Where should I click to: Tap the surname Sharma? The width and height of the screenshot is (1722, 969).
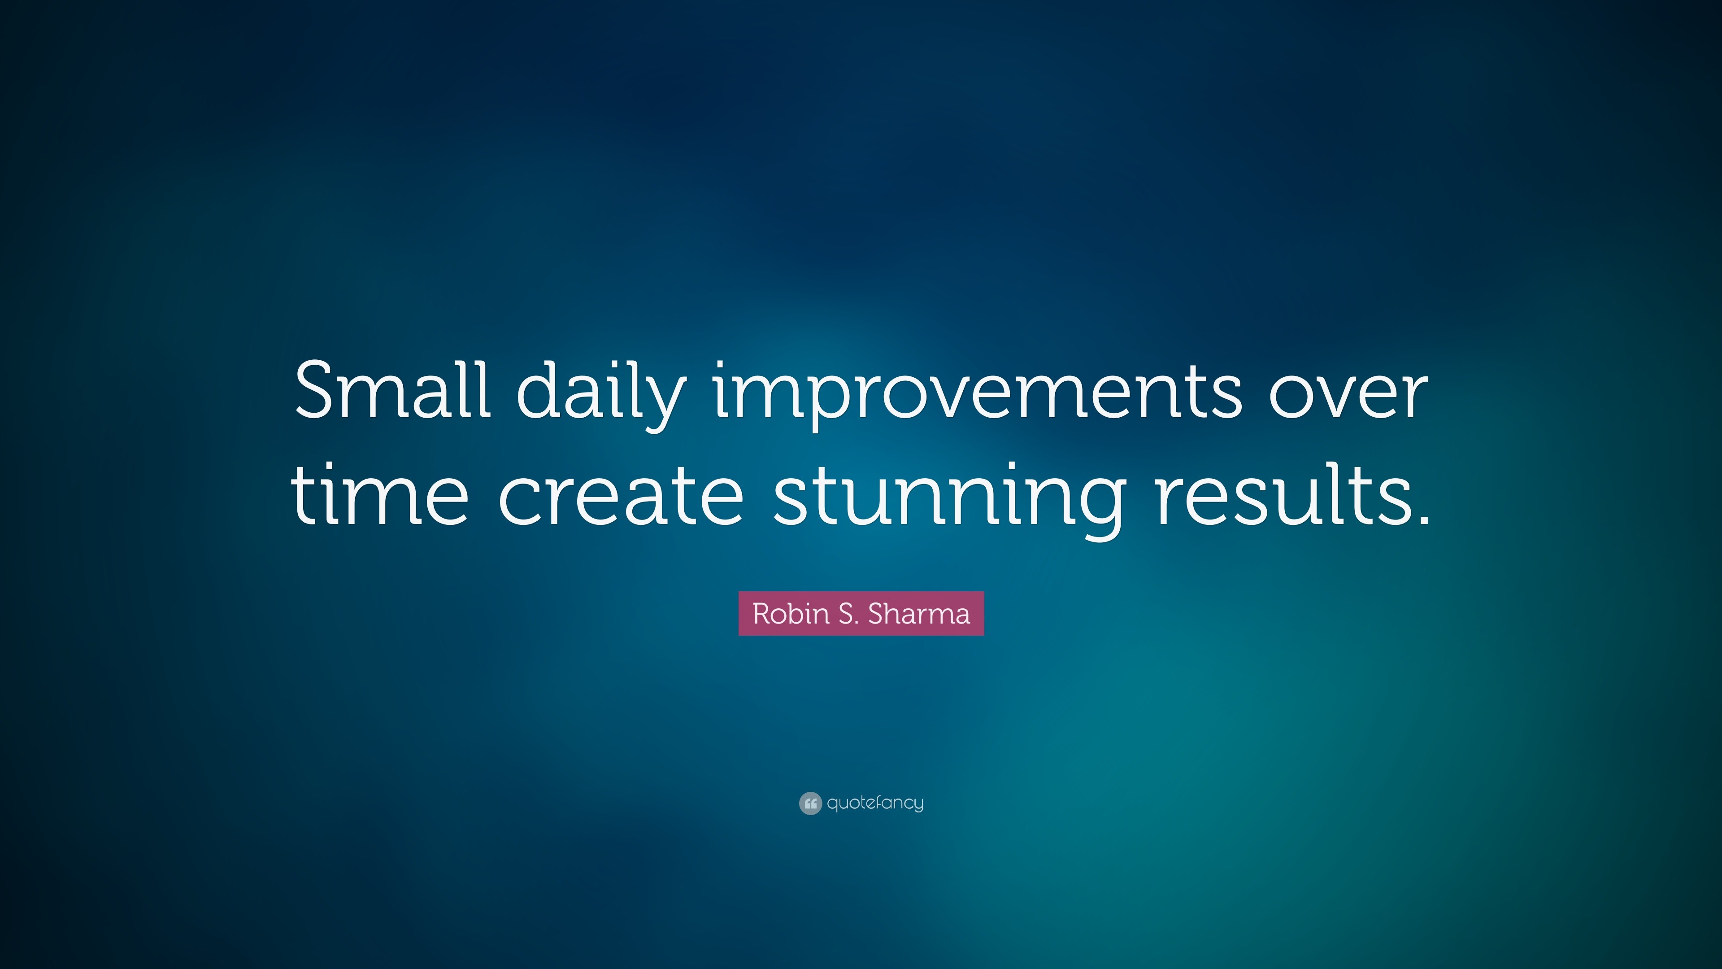[x=918, y=614]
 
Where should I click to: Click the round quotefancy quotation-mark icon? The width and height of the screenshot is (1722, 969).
[x=810, y=803]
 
